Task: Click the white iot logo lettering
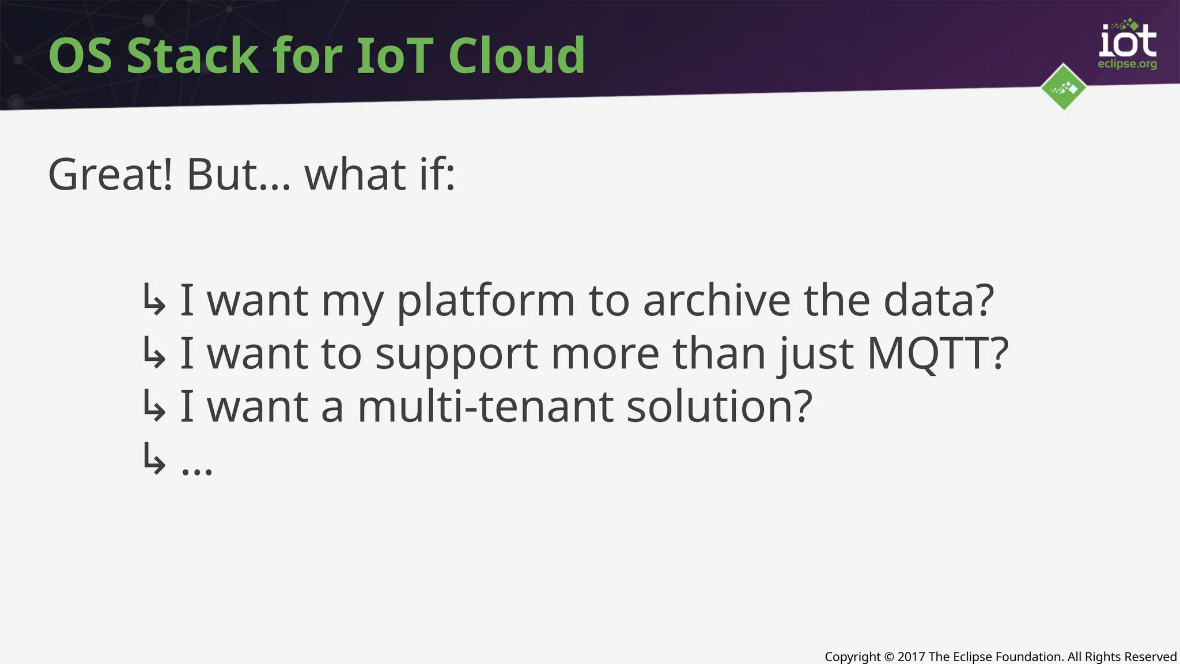click(x=1128, y=41)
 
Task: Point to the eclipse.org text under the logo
click(x=1127, y=64)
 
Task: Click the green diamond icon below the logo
click(x=1064, y=87)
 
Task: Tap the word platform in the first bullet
click(x=486, y=301)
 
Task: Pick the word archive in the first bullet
click(x=716, y=301)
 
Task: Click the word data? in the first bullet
click(x=939, y=301)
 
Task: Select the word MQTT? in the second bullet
click(x=937, y=353)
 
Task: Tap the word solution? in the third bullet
click(x=719, y=406)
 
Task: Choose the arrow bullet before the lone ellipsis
click(x=154, y=459)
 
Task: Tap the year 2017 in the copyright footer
click(x=912, y=657)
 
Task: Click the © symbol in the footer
click(x=889, y=657)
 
